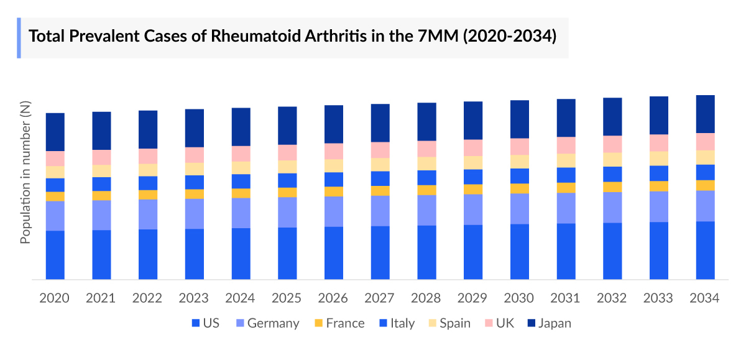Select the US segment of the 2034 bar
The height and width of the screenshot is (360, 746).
tap(705, 250)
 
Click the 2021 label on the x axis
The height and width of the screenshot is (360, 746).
tap(101, 298)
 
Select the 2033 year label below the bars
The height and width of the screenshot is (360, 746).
tap(658, 298)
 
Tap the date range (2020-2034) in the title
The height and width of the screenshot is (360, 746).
tap(509, 36)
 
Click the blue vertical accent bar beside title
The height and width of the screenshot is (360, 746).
tap(19, 38)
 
